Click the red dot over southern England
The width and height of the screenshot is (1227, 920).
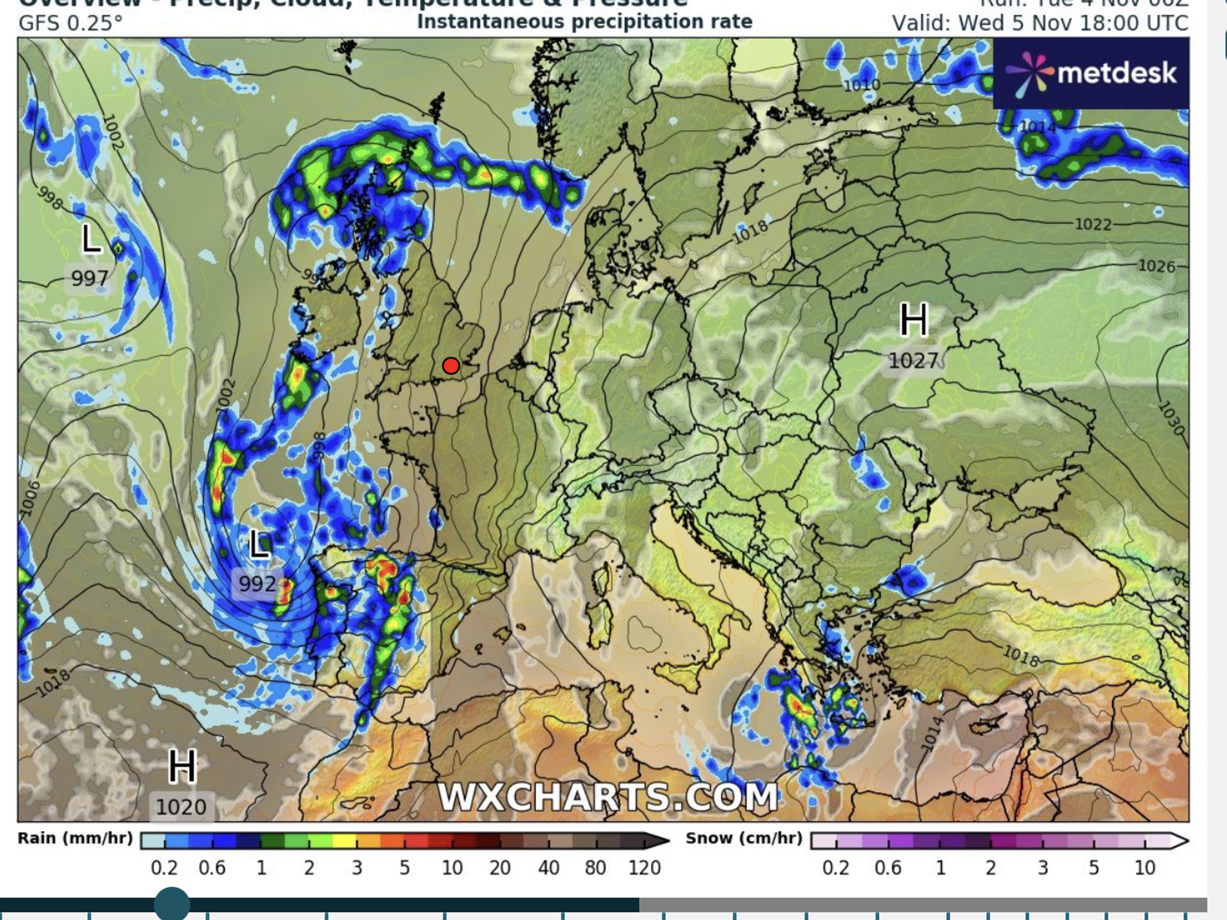click(x=451, y=366)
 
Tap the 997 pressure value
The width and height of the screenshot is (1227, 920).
click(x=90, y=279)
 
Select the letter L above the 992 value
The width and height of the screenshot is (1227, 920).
click(x=260, y=544)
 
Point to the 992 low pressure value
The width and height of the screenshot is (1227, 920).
click(x=257, y=583)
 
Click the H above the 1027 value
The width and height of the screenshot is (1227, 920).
click(x=914, y=320)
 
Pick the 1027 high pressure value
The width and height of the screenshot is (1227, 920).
click(x=914, y=360)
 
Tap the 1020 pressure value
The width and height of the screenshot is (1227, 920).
click(x=181, y=806)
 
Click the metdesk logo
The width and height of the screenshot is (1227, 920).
click(x=1091, y=74)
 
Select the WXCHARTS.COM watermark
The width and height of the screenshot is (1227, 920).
click(x=608, y=797)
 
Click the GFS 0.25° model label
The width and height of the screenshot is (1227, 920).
click(x=71, y=23)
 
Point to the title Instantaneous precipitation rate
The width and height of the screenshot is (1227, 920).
click(x=584, y=21)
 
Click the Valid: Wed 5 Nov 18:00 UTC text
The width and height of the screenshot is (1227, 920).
click(x=1040, y=23)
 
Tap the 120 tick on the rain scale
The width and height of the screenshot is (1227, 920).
click(x=644, y=868)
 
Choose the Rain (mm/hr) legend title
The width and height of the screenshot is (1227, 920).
click(x=75, y=838)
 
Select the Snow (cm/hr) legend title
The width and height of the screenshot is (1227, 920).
click(x=744, y=838)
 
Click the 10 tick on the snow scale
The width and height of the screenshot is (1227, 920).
click(x=1144, y=868)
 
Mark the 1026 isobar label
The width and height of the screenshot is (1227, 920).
click(x=1156, y=266)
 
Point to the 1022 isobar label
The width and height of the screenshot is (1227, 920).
click(x=1093, y=225)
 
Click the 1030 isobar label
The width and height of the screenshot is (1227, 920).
click(x=1171, y=418)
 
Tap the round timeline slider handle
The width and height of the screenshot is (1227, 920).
click(x=172, y=903)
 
